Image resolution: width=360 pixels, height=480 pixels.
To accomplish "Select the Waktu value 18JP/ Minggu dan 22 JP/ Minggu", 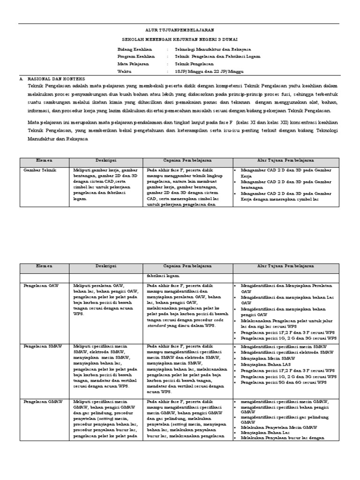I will [x=209, y=71].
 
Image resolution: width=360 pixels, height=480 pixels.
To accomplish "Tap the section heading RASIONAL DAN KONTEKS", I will [x=56, y=79].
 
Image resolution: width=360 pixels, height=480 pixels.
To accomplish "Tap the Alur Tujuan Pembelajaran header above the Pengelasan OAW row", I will [x=285, y=266].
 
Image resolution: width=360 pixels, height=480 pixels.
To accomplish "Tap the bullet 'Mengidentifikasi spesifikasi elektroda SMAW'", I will [x=287, y=352].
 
